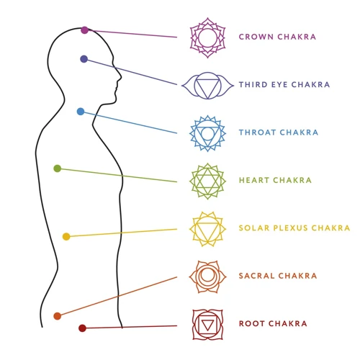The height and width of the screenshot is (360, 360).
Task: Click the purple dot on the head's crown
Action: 84,30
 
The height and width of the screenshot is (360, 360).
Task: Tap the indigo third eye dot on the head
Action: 84,59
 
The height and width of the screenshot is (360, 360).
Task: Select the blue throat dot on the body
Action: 81,112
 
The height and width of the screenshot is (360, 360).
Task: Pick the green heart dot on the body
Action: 58,168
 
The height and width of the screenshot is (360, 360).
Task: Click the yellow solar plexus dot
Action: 66,236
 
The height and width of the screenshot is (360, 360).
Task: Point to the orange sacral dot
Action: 58,316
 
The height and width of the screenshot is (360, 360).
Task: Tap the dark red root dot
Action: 82,328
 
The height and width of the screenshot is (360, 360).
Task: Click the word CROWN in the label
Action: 256,37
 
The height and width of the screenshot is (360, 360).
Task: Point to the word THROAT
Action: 257,132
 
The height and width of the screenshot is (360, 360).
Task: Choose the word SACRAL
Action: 256,276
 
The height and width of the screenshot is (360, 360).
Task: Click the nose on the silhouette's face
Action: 120,76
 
